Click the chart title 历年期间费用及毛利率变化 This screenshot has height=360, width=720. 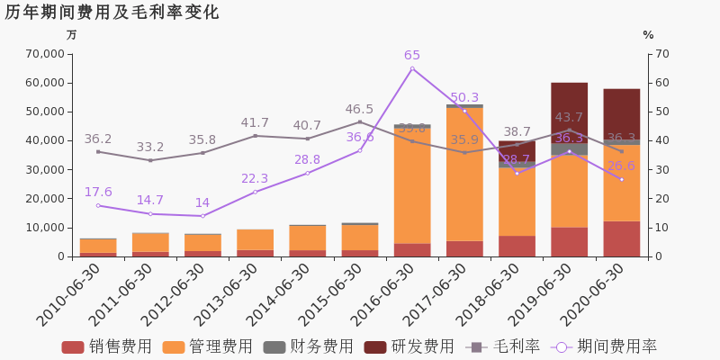(112, 13)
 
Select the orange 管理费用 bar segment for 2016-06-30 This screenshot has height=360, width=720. (412, 184)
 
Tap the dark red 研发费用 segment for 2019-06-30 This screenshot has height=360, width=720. (569, 112)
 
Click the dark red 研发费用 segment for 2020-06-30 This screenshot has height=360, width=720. (621, 114)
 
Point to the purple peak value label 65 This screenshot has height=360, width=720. (412, 56)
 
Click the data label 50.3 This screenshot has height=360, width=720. (464, 98)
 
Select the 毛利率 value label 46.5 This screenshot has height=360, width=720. (359, 110)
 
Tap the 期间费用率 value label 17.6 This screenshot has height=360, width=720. (98, 193)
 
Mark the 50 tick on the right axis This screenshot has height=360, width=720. (661, 112)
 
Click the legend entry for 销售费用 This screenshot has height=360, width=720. (107, 346)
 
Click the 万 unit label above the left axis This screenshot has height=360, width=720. (72, 35)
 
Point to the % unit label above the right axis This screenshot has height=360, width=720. (648, 35)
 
